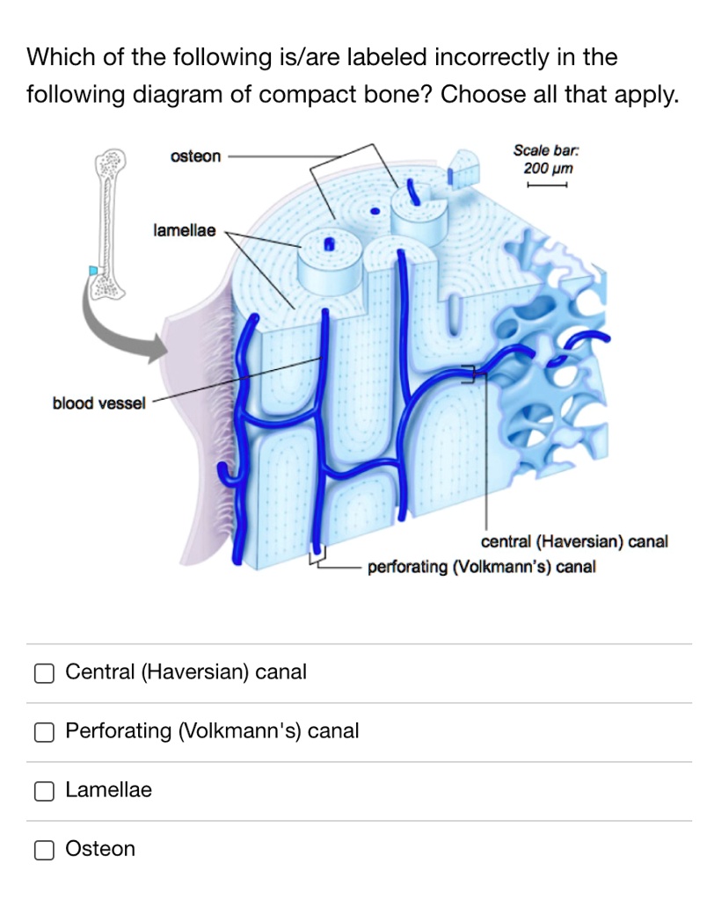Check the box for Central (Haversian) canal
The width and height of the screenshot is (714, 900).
click(44, 673)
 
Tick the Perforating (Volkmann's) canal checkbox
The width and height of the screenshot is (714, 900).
click(44, 732)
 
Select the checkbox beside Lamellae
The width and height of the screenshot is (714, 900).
click(44, 791)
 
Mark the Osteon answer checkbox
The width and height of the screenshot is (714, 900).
click(44, 850)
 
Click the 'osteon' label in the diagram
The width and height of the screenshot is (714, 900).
click(196, 156)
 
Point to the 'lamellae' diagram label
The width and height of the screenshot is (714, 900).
click(184, 231)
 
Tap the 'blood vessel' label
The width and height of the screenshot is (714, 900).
click(98, 403)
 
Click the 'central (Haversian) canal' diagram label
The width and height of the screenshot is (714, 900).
click(574, 541)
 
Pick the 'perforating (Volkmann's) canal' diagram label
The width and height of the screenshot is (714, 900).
click(481, 567)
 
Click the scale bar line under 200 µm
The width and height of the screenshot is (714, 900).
click(546, 185)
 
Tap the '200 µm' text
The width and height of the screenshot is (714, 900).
click(548, 168)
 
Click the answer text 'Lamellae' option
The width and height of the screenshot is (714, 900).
click(109, 790)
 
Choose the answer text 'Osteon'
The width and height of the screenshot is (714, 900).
click(101, 849)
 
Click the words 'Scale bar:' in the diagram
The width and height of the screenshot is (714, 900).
click(547, 151)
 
